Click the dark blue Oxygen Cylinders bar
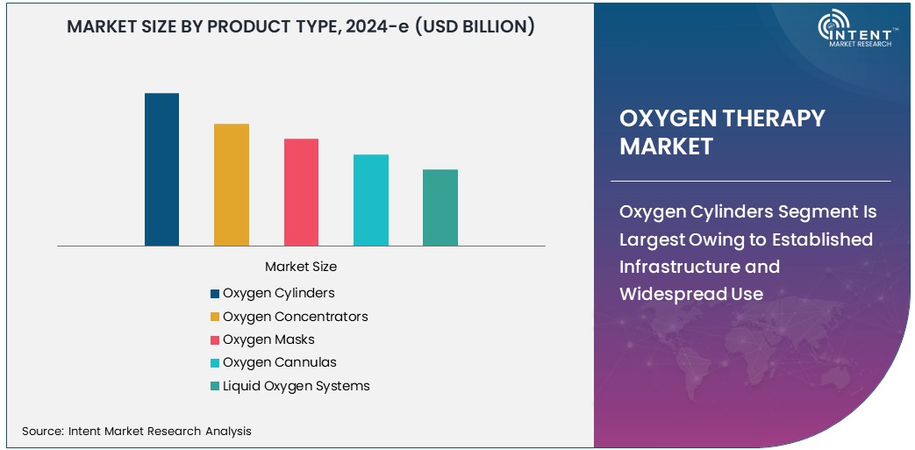click(x=161, y=169)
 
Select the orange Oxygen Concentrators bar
click(x=232, y=184)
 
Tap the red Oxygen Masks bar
click(x=301, y=192)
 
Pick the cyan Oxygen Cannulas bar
click(x=370, y=200)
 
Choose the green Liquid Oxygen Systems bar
click(x=440, y=207)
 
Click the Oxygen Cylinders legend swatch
click(x=215, y=294)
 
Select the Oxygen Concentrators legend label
click(x=295, y=317)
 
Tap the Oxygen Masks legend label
click(x=268, y=339)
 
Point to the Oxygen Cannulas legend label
click(x=279, y=362)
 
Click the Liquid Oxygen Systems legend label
click(x=296, y=386)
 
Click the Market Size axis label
click(x=301, y=267)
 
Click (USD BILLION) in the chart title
click(x=474, y=26)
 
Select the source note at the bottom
click(x=137, y=431)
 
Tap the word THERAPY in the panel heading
click(x=774, y=118)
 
